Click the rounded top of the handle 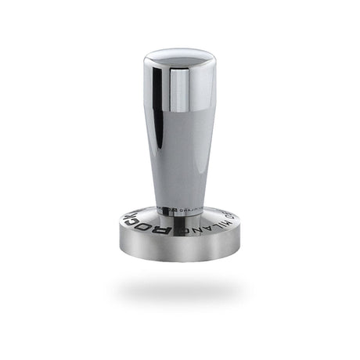178,56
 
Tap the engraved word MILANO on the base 202,222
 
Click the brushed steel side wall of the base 179,249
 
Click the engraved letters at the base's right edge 229,210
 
